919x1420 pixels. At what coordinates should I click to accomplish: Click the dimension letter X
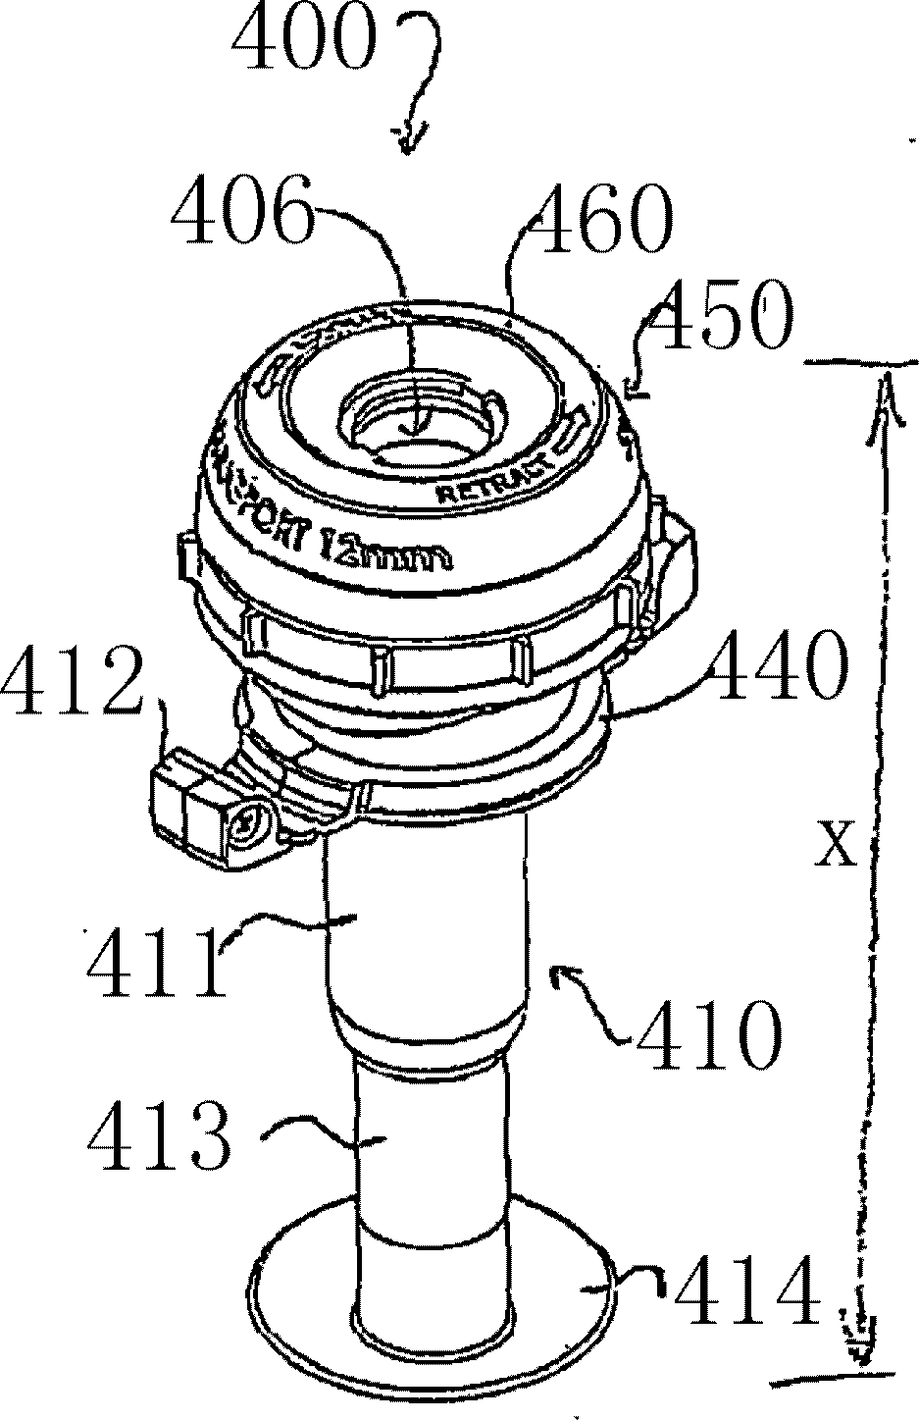coord(835,846)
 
